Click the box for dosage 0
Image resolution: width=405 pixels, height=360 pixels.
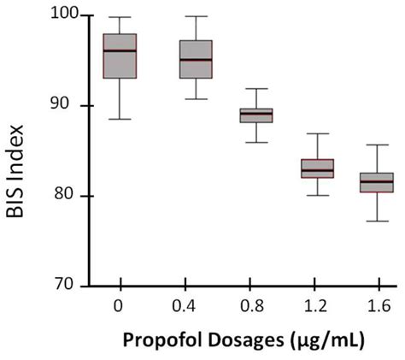(x=120, y=56)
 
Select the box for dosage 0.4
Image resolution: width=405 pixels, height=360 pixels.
(x=196, y=59)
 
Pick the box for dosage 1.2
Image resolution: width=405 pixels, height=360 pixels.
(x=317, y=168)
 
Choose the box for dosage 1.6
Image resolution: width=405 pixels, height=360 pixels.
(x=377, y=183)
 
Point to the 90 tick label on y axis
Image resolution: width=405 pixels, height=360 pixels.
(x=67, y=106)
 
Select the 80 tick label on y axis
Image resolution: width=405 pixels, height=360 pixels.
(x=67, y=196)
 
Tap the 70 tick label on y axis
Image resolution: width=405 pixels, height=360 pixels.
(x=67, y=286)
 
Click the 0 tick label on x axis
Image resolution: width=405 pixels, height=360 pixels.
(x=120, y=306)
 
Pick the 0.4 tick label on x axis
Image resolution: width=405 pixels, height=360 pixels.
(x=196, y=306)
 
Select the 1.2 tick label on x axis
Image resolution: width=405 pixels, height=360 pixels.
(x=317, y=306)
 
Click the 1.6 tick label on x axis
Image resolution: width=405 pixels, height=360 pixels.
(x=377, y=306)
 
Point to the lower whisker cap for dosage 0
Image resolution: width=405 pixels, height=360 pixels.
(x=120, y=119)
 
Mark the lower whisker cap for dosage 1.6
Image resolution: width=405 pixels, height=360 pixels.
(x=377, y=221)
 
